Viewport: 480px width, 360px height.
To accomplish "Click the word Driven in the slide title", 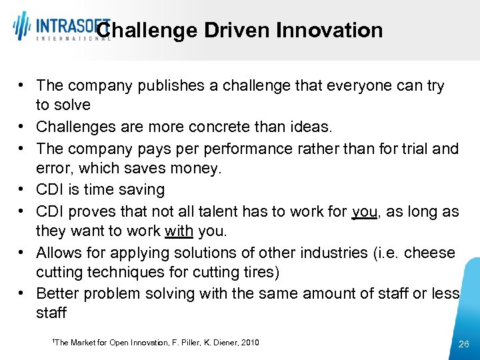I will [x=236, y=30].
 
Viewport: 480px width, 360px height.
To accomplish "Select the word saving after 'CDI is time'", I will [x=141, y=189].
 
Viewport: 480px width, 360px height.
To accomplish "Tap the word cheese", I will [x=430, y=253].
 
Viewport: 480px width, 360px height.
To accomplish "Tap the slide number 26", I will [x=465, y=344].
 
